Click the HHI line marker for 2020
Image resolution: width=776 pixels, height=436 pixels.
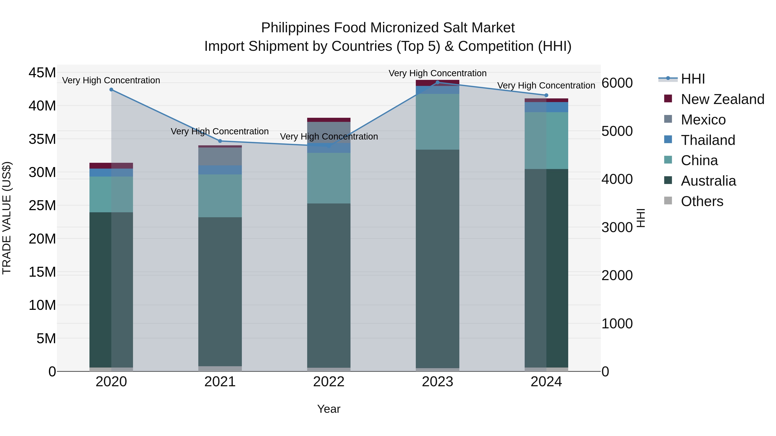(111, 90)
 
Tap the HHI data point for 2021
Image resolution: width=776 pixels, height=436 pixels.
(220, 141)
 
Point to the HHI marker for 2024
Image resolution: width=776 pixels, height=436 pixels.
(546, 95)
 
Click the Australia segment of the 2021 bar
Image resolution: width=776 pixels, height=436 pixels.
(220, 292)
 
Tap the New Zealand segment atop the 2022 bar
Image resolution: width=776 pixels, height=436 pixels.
(329, 120)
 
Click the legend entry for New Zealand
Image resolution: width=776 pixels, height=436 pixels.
(722, 99)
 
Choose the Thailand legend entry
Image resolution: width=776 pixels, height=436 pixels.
(708, 140)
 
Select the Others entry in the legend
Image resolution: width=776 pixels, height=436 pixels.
(702, 201)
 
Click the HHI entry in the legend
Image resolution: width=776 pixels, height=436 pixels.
(693, 79)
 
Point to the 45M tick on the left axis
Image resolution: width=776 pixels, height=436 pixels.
(42, 73)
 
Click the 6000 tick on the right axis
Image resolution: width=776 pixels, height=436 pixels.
(617, 83)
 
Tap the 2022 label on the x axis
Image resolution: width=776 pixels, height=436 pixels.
(329, 382)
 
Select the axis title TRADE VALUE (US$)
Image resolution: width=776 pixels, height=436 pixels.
(7, 218)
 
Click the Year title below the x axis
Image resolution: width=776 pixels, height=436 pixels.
(329, 409)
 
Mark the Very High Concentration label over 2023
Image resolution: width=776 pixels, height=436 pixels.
(437, 73)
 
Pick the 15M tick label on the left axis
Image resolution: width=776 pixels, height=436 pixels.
(42, 272)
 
